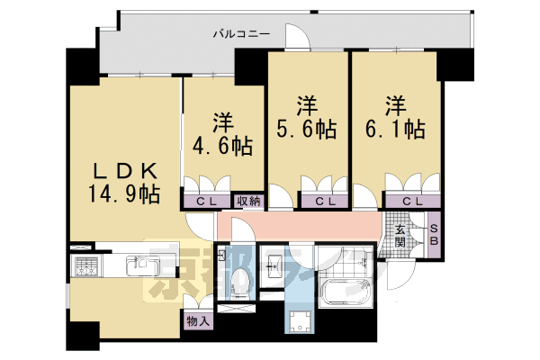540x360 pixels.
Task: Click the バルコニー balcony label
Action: click(241, 34)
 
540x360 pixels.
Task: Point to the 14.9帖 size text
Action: click(125, 193)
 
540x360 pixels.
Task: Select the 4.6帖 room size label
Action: click(220, 144)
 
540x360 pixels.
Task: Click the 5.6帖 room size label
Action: click(305, 129)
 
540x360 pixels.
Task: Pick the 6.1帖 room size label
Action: click(392, 129)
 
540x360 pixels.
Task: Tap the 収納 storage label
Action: click(248, 202)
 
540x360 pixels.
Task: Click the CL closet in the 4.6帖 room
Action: click(207, 202)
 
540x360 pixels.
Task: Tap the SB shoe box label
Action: click(432, 237)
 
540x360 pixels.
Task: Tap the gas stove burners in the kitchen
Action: click(87, 266)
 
